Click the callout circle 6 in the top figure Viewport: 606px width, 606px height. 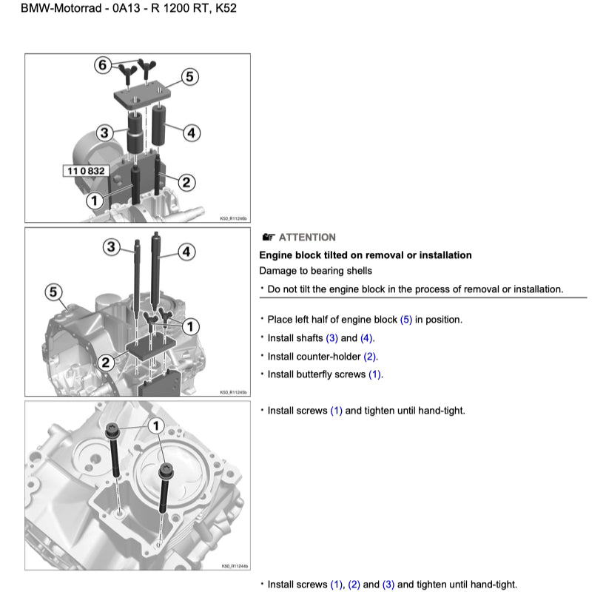tap(103, 65)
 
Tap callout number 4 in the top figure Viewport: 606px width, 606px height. tap(190, 133)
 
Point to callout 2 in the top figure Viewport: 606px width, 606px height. tap(186, 181)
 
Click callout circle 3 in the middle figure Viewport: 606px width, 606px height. tap(112, 247)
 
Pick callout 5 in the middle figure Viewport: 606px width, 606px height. tap(53, 292)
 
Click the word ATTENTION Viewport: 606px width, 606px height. tap(307, 238)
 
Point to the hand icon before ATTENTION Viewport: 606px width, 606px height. tap(269, 238)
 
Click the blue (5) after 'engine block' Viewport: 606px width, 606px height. tap(406, 320)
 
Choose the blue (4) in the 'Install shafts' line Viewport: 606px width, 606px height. tap(367, 338)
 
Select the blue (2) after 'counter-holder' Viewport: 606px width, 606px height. tap(370, 356)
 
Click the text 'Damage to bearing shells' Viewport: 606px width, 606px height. tap(315, 271)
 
